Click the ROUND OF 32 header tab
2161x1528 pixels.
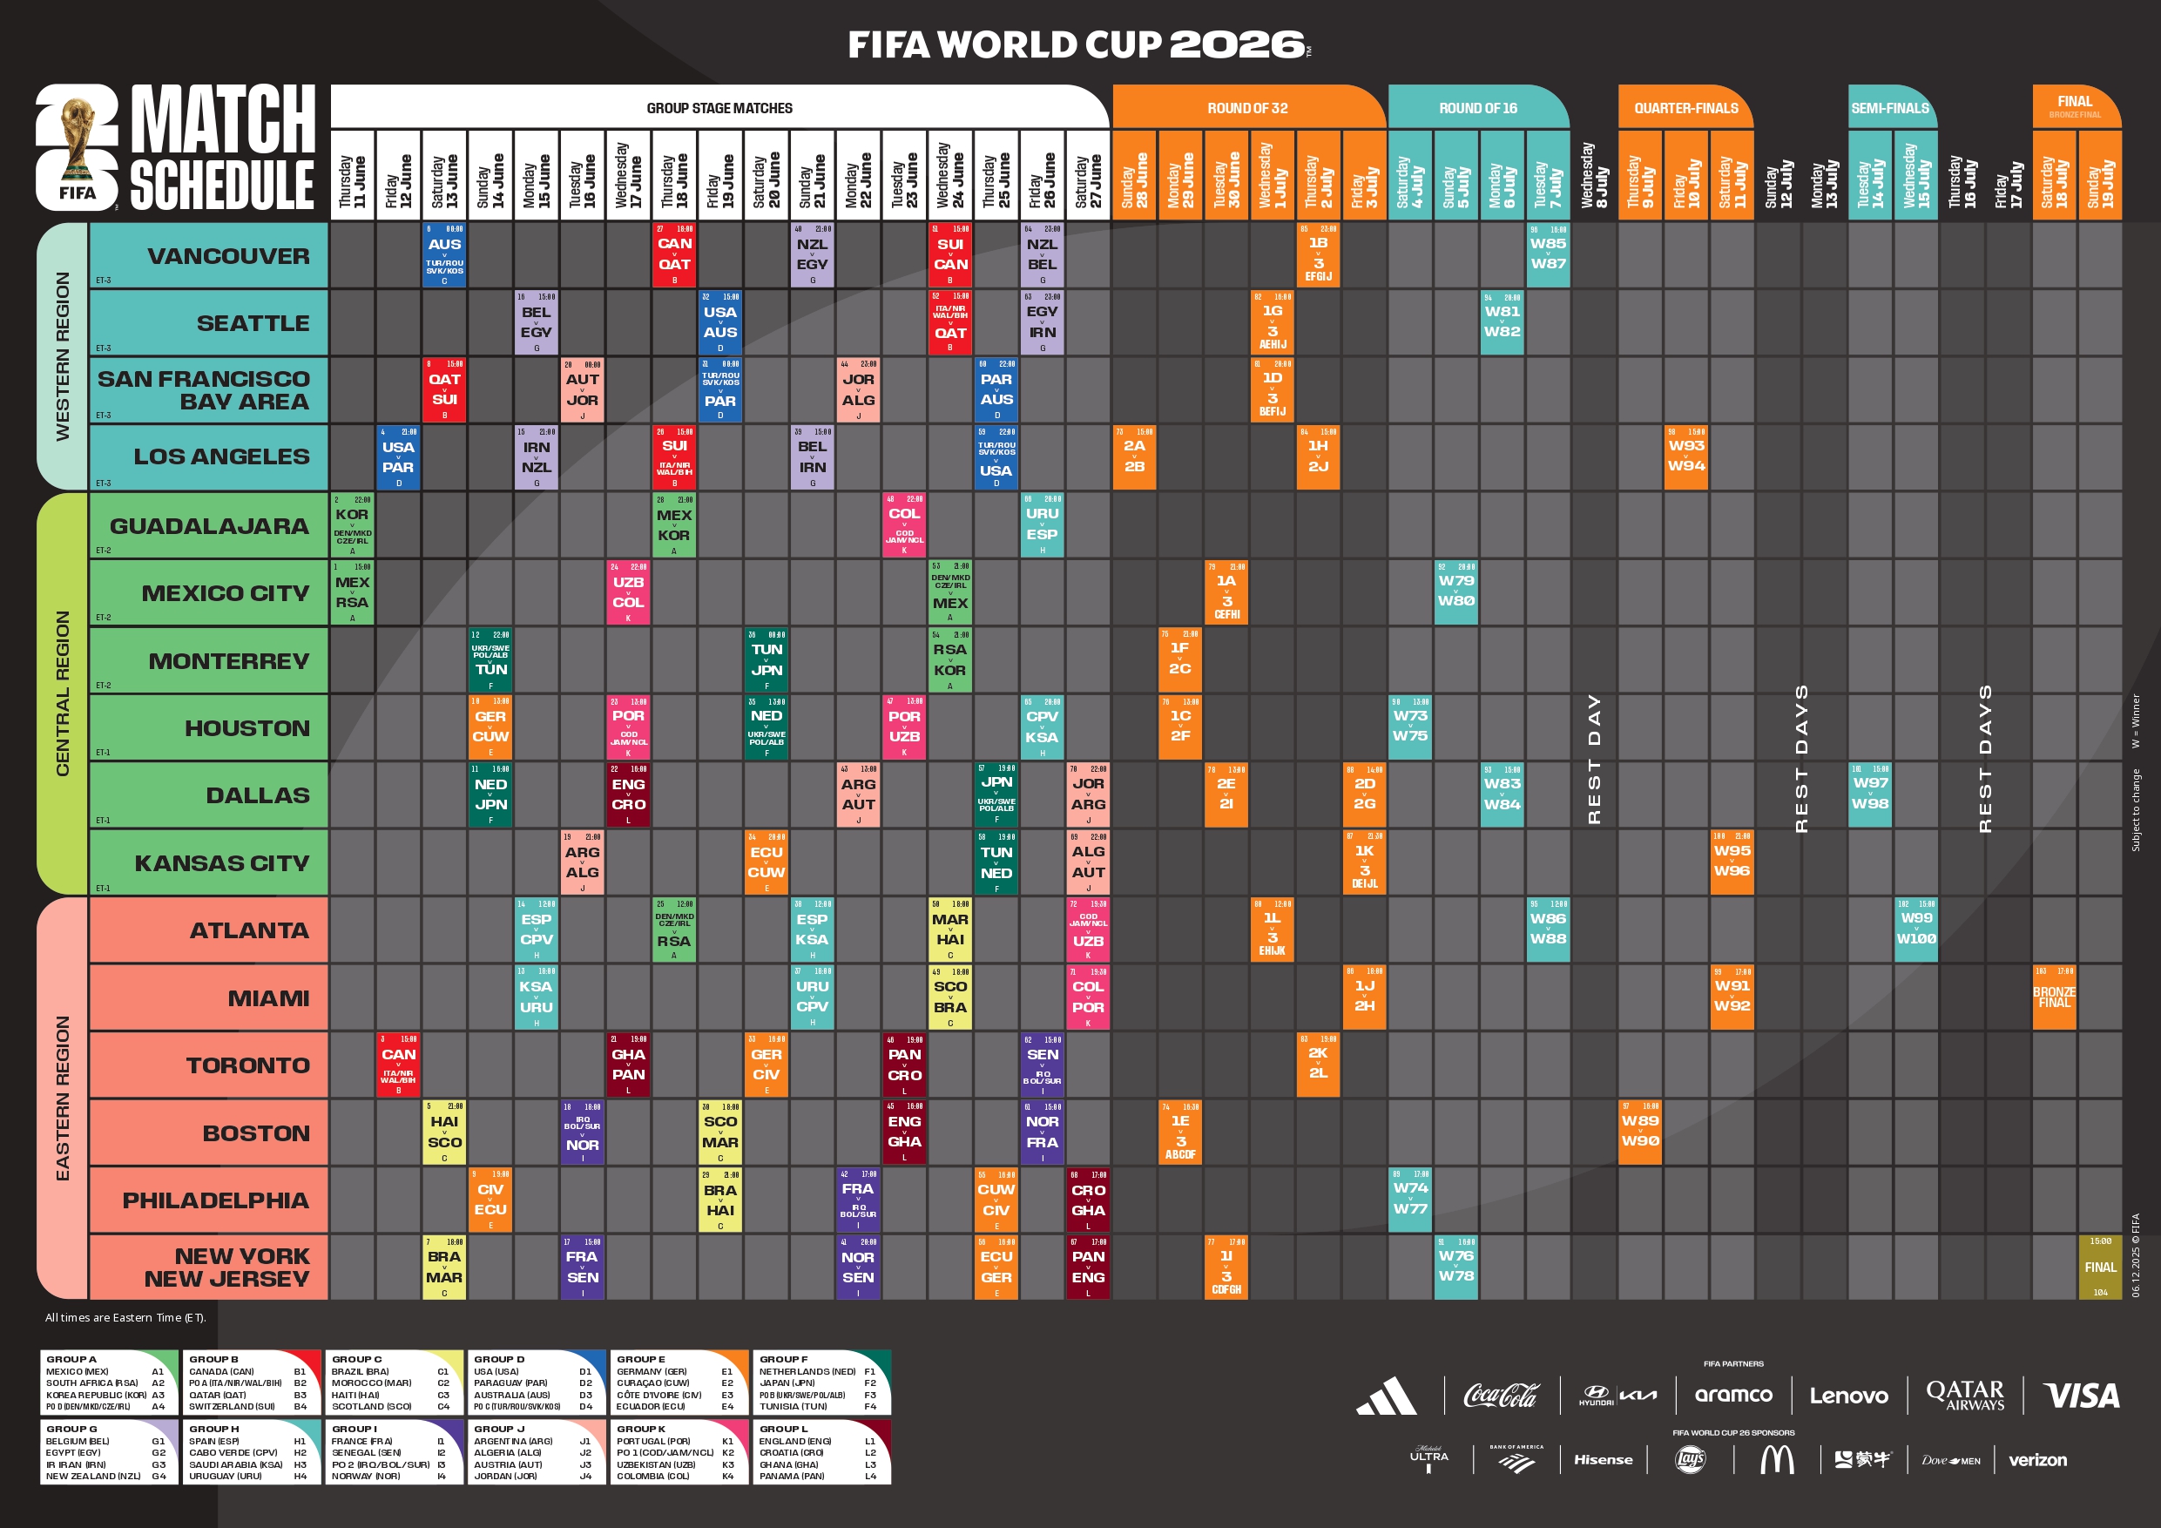(x=1247, y=108)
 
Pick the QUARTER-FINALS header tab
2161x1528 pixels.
(x=1685, y=108)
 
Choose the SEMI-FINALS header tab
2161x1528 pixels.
(x=1890, y=108)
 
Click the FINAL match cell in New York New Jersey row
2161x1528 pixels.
(x=2100, y=1268)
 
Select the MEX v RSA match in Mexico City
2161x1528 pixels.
(x=352, y=592)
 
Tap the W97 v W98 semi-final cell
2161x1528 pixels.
(x=1869, y=794)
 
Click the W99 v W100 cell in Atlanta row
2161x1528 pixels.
(x=1915, y=929)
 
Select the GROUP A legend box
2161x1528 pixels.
(x=109, y=1382)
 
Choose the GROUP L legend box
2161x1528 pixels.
(x=821, y=1451)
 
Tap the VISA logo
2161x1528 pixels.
(x=2081, y=1396)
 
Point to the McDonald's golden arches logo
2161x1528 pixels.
(x=1776, y=1460)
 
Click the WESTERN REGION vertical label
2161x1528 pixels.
(x=62, y=356)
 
